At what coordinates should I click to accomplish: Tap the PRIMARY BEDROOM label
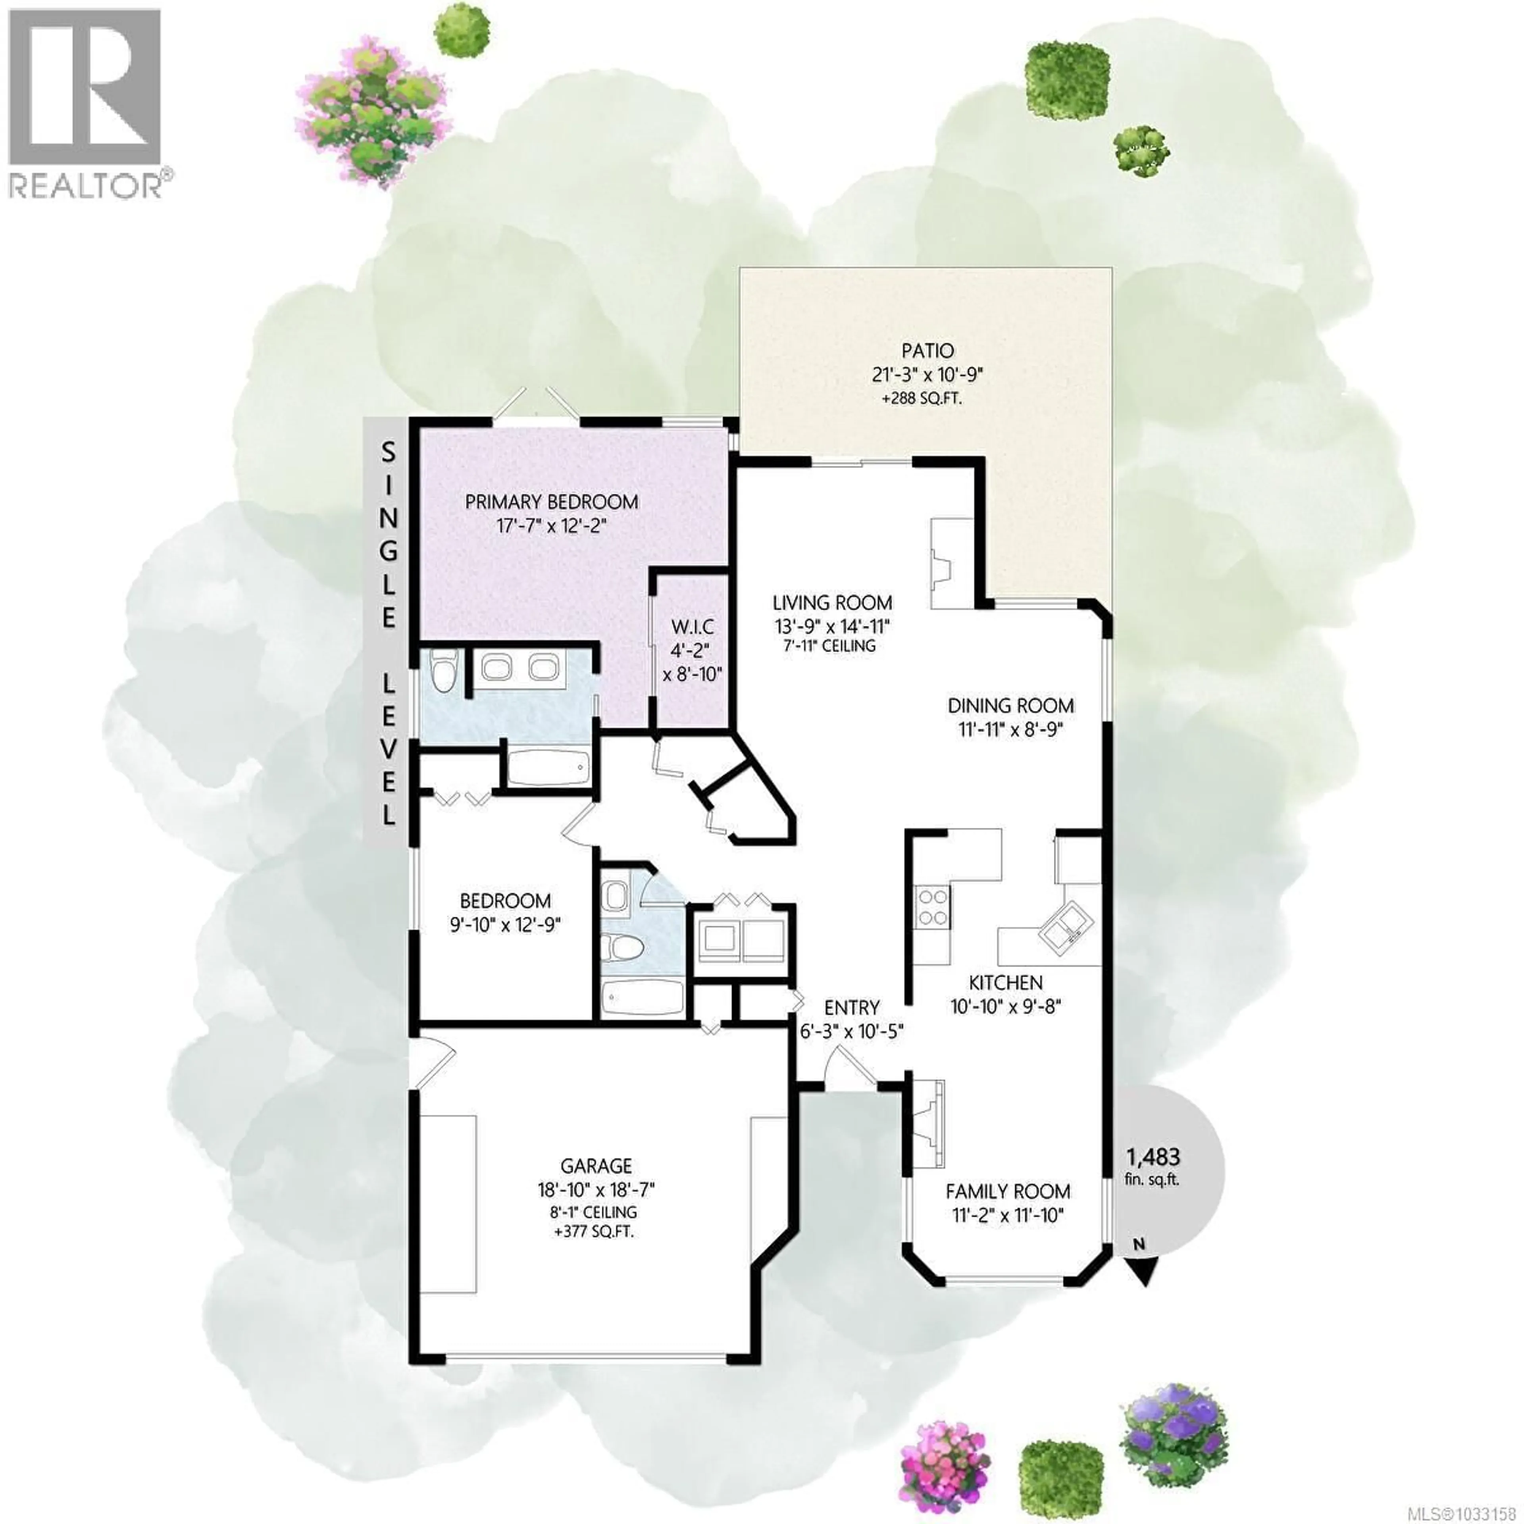(551, 502)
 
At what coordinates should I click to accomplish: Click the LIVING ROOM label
(832, 603)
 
